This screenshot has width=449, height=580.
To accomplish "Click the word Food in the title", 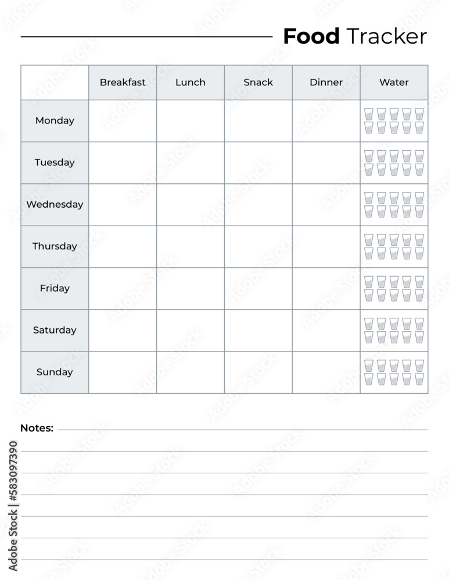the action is click(311, 37).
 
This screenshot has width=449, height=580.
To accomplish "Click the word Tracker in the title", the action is click(386, 37).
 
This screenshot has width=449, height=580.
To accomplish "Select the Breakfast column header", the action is click(123, 82).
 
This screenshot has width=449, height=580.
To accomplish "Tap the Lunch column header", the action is click(191, 82).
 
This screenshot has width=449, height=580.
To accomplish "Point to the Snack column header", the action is click(258, 82).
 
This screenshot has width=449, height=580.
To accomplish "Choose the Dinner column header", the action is click(326, 82).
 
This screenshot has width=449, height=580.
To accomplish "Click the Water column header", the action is click(394, 82).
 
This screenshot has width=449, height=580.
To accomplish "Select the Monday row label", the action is click(55, 121).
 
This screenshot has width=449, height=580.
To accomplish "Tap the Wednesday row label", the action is click(55, 204).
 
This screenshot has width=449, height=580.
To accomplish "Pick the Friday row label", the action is click(55, 288).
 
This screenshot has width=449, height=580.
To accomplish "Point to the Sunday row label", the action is click(55, 372).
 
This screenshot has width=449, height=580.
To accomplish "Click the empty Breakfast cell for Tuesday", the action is click(123, 163).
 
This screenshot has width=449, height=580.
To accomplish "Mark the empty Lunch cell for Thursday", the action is click(191, 246).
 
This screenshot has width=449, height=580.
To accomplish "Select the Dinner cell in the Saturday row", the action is click(326, 331).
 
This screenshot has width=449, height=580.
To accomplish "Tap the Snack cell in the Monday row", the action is click(258, 121).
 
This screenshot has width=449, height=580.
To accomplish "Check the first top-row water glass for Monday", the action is click(369, 114).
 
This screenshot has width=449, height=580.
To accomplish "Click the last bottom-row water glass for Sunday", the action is click(419, 379).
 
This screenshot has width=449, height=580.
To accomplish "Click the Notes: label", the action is click(37, 428).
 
